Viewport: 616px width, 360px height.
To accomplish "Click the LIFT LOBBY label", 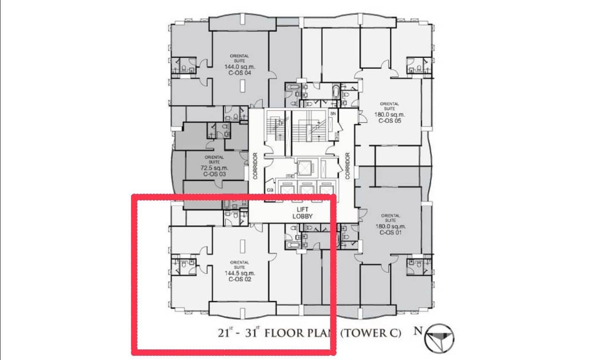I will [x=303, y=213].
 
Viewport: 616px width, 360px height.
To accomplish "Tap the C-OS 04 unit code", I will [x=240, y=73].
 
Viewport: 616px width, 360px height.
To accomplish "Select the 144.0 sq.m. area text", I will [x=240, y=67].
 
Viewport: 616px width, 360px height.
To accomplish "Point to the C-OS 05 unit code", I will [x=389, y=121].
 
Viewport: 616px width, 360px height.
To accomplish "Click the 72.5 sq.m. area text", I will [x=214, y=168].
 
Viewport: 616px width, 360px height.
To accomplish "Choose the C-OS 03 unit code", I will [x=214, y=174].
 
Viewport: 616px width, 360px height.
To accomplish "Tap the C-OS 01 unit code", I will [x=390, y=232].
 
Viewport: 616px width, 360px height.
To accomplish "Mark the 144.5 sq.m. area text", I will [x=240, y=273].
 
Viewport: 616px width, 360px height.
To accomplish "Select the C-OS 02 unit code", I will [x=240, y=279].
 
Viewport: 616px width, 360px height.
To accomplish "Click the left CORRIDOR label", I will [x=255, y=166].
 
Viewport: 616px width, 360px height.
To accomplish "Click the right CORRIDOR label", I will [x=348, y=166].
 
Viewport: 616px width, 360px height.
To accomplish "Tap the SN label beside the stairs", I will [x=333, y=113].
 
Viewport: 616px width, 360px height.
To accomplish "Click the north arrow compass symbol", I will [x=440, y=338].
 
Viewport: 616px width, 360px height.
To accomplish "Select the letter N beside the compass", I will [x=418, y=330].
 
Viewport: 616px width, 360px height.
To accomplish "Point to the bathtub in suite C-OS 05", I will [x=336, y=92].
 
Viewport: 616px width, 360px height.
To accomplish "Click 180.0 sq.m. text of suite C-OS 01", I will [x=390, y=226].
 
